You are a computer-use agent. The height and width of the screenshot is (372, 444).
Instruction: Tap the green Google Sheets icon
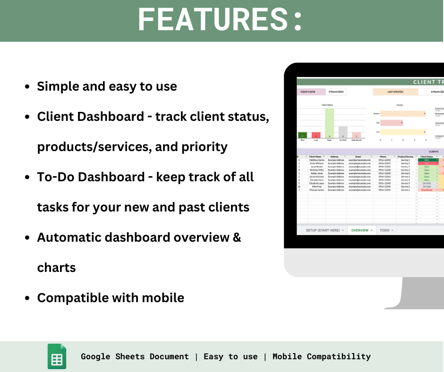pos(57,356)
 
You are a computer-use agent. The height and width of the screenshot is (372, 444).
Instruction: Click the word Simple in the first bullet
pos(58,86)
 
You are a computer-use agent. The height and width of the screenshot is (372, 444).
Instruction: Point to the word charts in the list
pos(56,268)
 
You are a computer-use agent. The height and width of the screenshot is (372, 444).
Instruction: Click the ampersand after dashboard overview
pos(237,237)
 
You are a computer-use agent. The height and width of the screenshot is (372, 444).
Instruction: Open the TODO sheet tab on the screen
pos(386,230)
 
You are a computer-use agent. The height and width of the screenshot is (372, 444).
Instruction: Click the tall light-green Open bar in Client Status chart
pos(329,123)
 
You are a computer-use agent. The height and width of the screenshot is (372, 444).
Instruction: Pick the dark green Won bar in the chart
pos(302,135)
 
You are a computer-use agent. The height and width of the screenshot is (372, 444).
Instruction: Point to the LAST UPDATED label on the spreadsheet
pos(395,92)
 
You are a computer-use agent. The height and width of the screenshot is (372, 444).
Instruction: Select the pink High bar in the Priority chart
pos(391,123)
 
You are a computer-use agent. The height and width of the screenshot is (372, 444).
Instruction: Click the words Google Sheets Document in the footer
pos(135,356)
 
